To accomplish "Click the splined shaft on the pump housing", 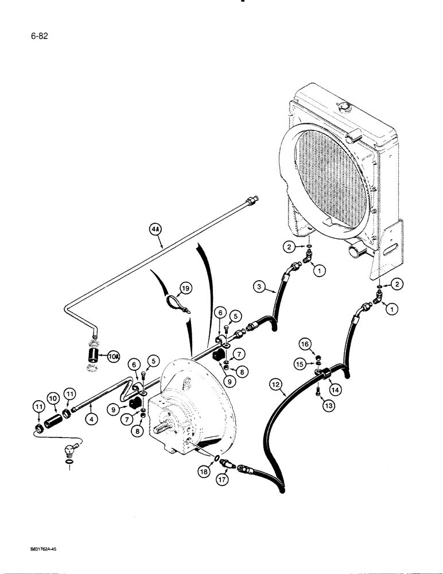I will pyautogui.click(x=161, y=424).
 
